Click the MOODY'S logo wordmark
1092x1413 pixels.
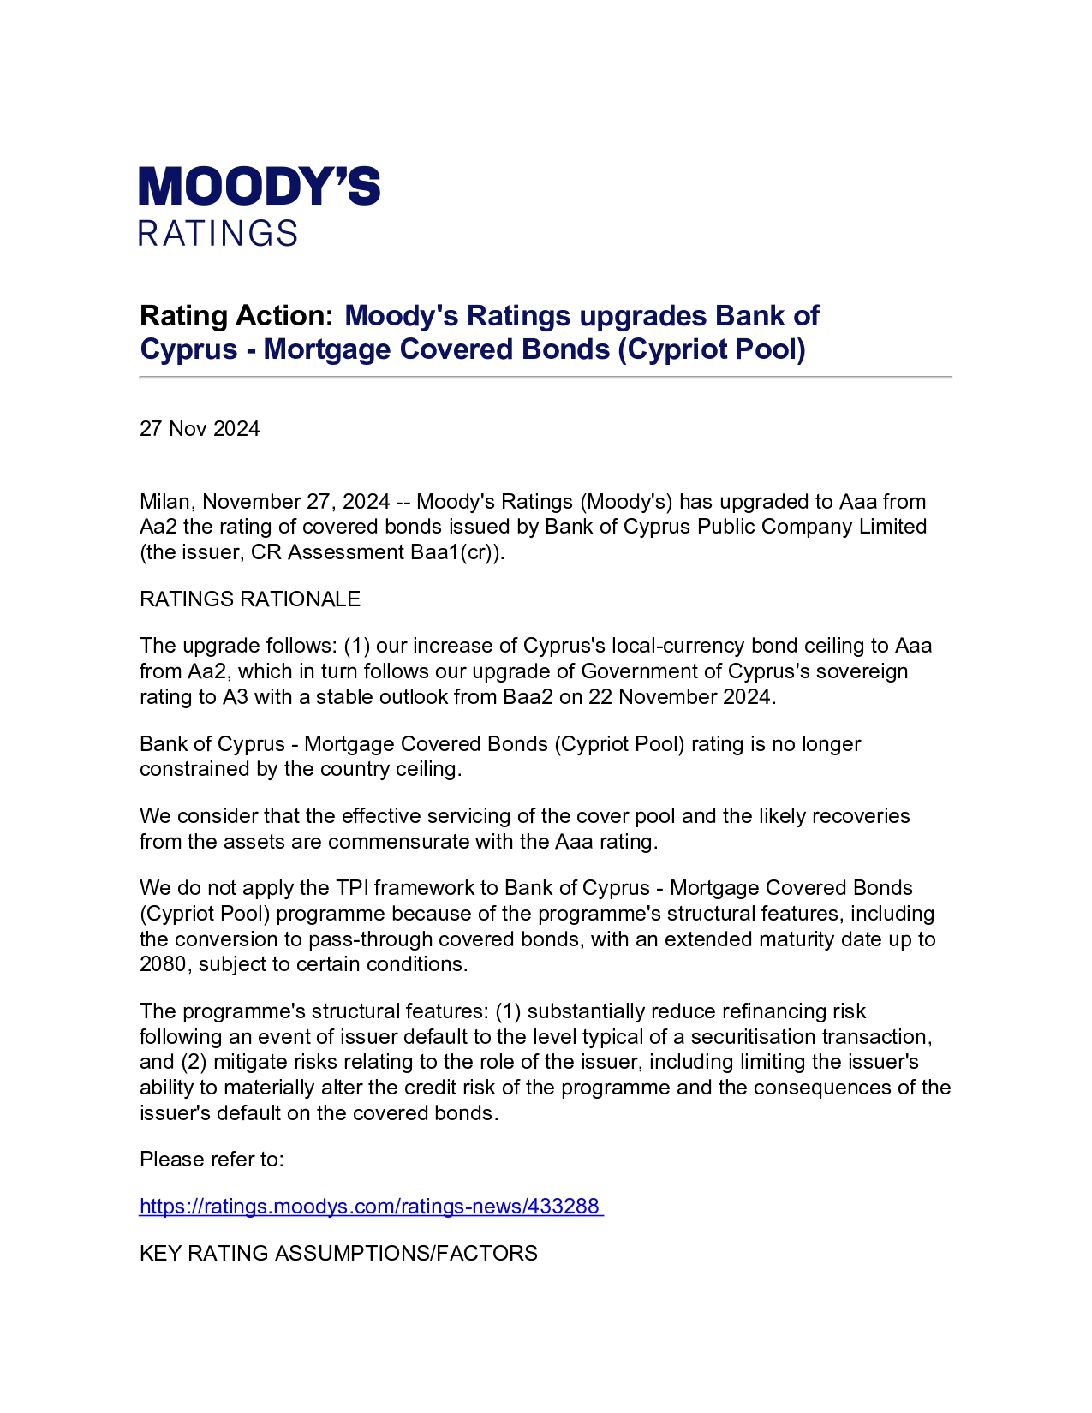coord(259,186)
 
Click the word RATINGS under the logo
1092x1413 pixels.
coord(218,234)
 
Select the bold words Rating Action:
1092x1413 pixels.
coord(236,316)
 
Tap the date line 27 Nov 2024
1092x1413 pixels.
coord(200,429)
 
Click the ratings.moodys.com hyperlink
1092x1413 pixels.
coord(369,1207)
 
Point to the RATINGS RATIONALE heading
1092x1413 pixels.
coord(250,599)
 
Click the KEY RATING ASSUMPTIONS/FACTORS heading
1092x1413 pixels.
coord(338,1254)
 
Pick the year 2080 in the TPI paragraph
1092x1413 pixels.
coord(163,964)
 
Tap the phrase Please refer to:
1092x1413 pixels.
coord(212,1160)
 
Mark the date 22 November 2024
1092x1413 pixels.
coord(680,697)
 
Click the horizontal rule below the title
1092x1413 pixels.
coord(546,377)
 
